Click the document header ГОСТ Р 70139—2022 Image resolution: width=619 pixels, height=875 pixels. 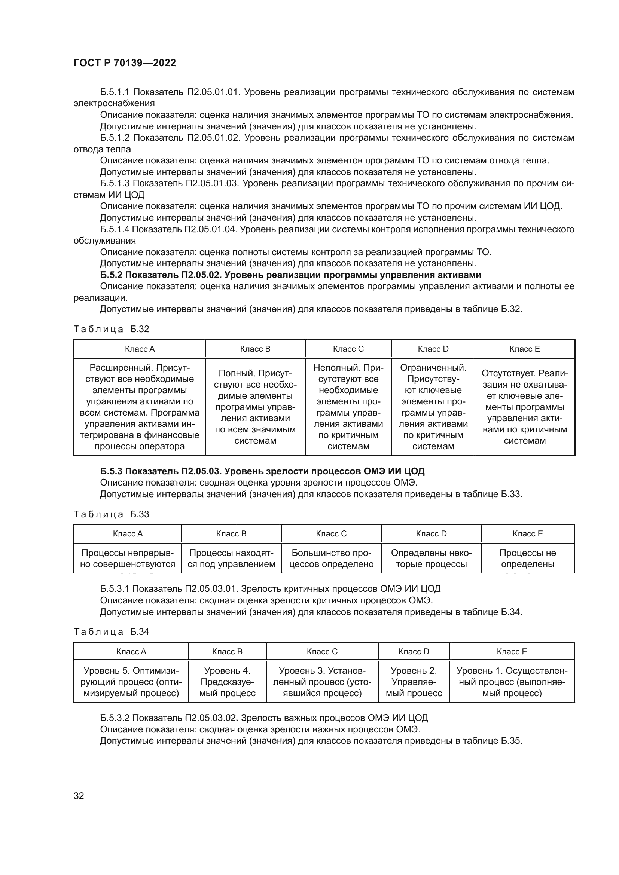(x=125, y=63)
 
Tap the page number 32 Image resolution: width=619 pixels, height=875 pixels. (x=79, y=796)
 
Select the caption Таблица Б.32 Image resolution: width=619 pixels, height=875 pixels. (x=111, y=329)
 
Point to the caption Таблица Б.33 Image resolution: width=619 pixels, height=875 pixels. (x=111, y=514)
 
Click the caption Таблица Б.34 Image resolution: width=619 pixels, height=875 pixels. (x=111, y=632)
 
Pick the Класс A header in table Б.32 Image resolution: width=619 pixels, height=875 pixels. (x=140, y=349)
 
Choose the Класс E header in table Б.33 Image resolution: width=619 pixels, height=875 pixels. (x=528, y=533)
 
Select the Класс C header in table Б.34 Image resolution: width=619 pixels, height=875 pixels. (x=322, y=651)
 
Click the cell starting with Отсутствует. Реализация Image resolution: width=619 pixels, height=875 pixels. (x=524, y=407)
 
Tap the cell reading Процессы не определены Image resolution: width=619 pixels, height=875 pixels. (x=528, y=558)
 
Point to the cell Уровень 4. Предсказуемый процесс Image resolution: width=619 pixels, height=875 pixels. (x=227, y=682)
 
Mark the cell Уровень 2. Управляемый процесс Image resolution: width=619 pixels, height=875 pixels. (x=414, y=682)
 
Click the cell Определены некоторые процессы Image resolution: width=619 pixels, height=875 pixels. (x=431, y=558)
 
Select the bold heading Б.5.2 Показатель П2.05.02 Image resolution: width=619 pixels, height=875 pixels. (x=290, y=275)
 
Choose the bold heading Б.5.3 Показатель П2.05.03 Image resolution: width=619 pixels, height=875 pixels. (x=262, y=471)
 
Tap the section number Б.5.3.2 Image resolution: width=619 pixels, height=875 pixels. (x=115, y=718)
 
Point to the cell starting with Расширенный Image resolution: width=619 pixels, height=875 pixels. (x=140, y=407)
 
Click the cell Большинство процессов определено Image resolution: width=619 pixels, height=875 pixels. (x=331, y=558)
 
